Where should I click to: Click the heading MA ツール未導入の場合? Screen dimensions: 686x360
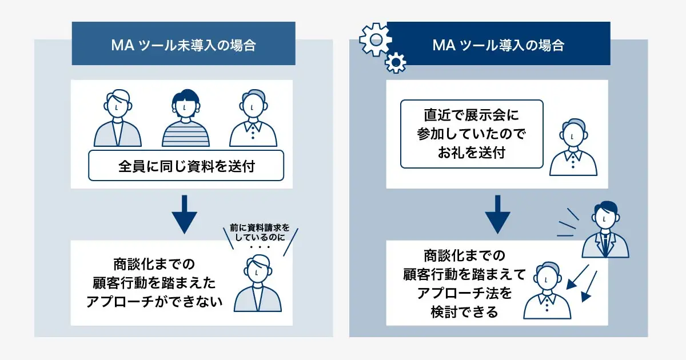pyautogui.click(x=184, y=45)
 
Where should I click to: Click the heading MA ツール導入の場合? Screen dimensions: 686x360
pyautogui.click(x=498, y=45)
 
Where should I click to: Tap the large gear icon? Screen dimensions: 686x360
pyautogui.click(x=376, y=39)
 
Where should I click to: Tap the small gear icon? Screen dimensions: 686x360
pyautogui.click(x=396, y=63)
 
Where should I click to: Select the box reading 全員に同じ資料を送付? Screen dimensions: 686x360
pyautogui.click(x=186, y=166)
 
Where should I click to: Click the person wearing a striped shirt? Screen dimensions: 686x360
pyautogui.click(x=186, y=118)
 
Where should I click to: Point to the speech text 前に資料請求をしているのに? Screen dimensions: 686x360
pyautogui.click(x=260, y=233)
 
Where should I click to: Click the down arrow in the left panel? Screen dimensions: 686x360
pyautogui.click(x=184, y=214)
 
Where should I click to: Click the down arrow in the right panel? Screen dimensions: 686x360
pyautogui.click(x=498, y=214)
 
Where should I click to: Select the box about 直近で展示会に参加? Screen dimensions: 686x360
pyautogui.click(x=472, y=134)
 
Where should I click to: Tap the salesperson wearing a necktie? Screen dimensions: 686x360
pyautogui.click(x=605, y=229)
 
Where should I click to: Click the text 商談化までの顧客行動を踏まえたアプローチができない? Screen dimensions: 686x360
pyautogui.click(x=154, y=283)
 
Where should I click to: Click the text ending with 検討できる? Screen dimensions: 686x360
pyautogui.click(x=464, y=284)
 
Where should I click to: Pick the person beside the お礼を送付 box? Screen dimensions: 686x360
pyautogui.click(x=573, y=147)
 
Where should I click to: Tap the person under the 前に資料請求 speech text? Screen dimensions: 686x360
pyautogui.click(x=258, y=283)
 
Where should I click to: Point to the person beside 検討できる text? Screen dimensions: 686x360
pyautogui.click(x=547, y=290)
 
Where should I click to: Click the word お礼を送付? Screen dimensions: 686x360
pyautogui.click(x=471, y=153)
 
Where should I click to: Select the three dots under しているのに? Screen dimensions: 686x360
pyautogui.click(x=260, y=247)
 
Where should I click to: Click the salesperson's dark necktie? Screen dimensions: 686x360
pyautogui.click(x=605, y=245)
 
